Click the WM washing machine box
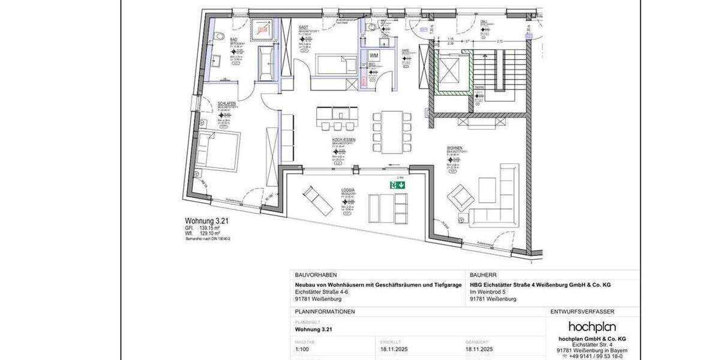(374, 55)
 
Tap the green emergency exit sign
(397, 185)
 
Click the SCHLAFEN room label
(226, 103)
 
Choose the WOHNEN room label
(454, 148)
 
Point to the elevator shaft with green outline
(449, 71)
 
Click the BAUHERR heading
(484, 274)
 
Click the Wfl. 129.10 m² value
(209, 233)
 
